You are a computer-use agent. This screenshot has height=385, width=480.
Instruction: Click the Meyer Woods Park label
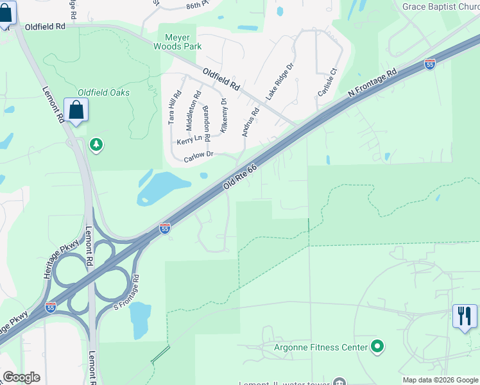click(178, 42)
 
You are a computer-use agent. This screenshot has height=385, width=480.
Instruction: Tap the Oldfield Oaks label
click(103, 92)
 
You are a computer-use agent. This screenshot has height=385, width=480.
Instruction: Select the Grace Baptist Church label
click(441, 6)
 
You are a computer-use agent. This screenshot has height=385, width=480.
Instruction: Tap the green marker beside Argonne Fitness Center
click(378, 347)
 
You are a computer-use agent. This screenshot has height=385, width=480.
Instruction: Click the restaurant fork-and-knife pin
click(465, 316)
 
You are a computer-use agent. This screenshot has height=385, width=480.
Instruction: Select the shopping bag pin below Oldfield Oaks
click(76, 110)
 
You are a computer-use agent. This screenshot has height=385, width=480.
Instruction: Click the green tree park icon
click(96, 144)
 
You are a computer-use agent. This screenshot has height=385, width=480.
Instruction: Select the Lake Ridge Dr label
click(280, 81)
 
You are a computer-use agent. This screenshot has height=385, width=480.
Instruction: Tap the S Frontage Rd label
click(126, 290)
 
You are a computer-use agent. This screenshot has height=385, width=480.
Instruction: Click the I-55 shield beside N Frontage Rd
click(429, 64)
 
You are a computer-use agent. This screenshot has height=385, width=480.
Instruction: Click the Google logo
click(21, 377)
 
